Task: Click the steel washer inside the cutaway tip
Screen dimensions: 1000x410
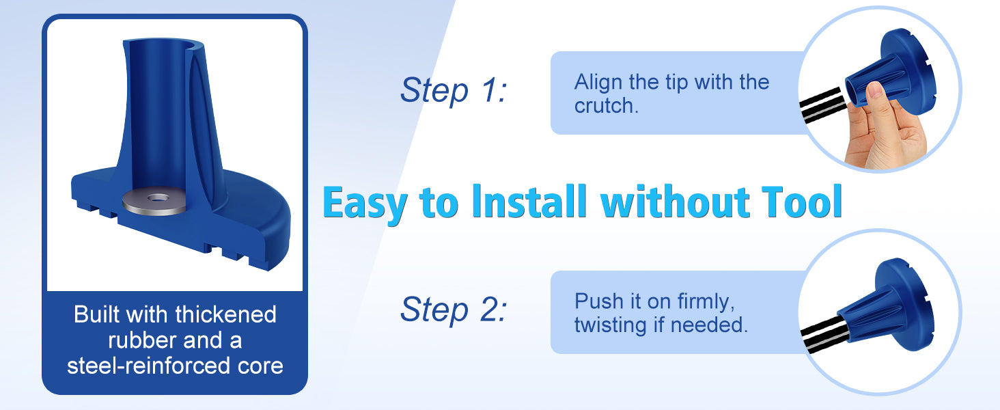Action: (154, 200)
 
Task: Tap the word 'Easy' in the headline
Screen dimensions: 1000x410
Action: (365, 203)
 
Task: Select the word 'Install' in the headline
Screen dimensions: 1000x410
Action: (529, 202)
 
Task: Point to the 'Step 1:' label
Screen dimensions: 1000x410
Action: (453, 90)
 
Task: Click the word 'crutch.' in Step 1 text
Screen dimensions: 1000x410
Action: (607, 106)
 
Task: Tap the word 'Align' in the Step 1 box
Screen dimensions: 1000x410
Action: (598, 83)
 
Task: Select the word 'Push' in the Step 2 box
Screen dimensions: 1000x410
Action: (598, 301)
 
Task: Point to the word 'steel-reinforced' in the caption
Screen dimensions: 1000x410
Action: (149, 366)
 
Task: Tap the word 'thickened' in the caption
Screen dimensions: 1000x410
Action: (226, 314)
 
